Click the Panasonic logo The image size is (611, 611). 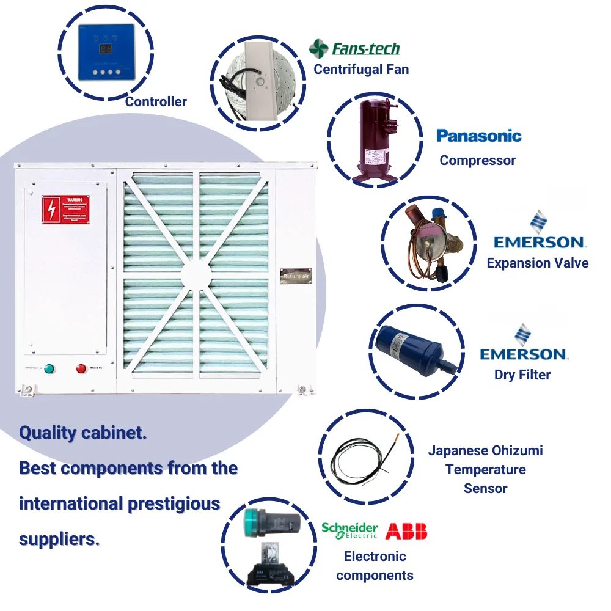point(479,136)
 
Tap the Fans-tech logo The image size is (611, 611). point(355,49)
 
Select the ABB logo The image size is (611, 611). point(406,530)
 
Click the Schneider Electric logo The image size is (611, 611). point(350,530)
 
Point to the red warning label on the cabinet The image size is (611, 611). point(70,209)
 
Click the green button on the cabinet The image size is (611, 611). point(49,368)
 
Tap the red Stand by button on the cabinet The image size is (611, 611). point(81,368)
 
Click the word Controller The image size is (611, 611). point(156,101)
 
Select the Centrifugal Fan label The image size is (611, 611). point(361,69)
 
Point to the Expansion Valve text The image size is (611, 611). point(537,263)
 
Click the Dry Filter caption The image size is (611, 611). point(522,375)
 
